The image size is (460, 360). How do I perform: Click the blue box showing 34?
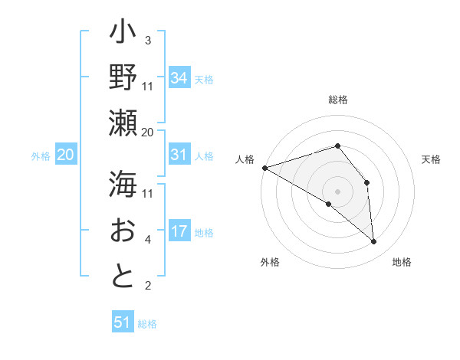[179, 77]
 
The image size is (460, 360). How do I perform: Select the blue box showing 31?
[179, 155]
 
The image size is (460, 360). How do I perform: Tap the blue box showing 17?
[179, 231]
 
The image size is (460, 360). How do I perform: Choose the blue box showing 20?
[66, 155]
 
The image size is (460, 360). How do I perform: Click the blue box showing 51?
[123, 322]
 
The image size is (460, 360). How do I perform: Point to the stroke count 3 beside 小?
[148, 41]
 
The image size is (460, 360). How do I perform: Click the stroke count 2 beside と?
[148, 286]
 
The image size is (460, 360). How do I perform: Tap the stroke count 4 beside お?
[148, 241]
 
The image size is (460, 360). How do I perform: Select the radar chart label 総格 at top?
[337, 100]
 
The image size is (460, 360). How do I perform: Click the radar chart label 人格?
[245, 159]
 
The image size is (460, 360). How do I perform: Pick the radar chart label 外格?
[269, 262]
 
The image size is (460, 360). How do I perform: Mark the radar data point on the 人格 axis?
[264, 168]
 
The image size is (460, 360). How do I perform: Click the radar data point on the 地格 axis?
[373, 241]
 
